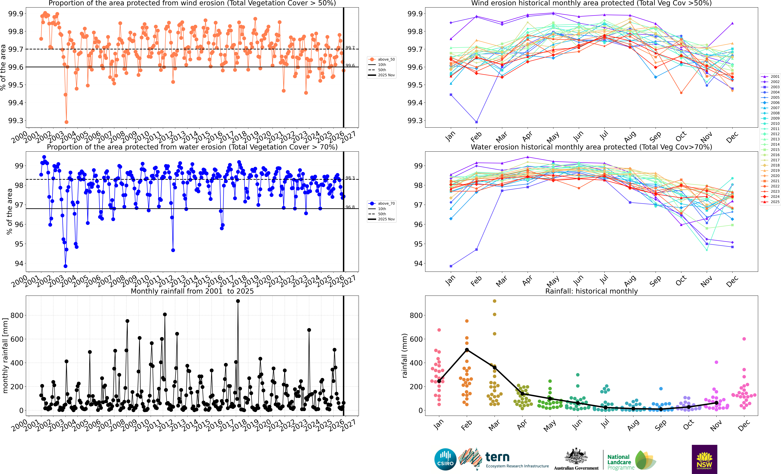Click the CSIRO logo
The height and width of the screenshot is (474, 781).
pyautogui.click(x=445, y=459)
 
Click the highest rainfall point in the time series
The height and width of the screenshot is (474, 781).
pyautogui.click(x=238, y=301)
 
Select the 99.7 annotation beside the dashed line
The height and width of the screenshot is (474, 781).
pyautogui.click(x=350, y=48)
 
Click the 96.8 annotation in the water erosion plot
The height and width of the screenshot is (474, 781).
pyautogui.click(x=350, y=207)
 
